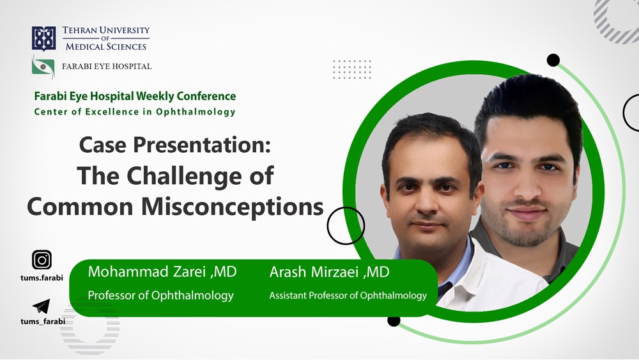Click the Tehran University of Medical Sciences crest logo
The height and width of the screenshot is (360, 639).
[43, 39]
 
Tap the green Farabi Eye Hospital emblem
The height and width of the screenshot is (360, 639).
[43, 67]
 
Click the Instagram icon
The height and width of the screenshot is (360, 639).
[42, 260]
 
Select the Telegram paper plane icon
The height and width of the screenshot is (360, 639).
[42, 306]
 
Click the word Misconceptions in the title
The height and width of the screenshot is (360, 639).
[233, 207]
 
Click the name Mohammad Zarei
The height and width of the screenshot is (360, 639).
[147, 272]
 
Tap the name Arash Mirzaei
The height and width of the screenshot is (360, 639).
[314, 272]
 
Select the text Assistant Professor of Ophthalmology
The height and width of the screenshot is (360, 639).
[348, 295]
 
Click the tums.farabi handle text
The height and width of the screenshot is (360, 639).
[42, 278]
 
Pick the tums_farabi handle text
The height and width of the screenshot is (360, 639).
[43, 321]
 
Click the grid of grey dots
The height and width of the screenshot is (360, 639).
[351, 69]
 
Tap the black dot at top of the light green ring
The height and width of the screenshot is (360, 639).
[553, 60]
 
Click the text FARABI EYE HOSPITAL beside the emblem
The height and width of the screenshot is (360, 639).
[107, 67]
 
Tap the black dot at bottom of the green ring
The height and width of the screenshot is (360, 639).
[394, 320]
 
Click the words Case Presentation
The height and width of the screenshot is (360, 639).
[175, 145]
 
